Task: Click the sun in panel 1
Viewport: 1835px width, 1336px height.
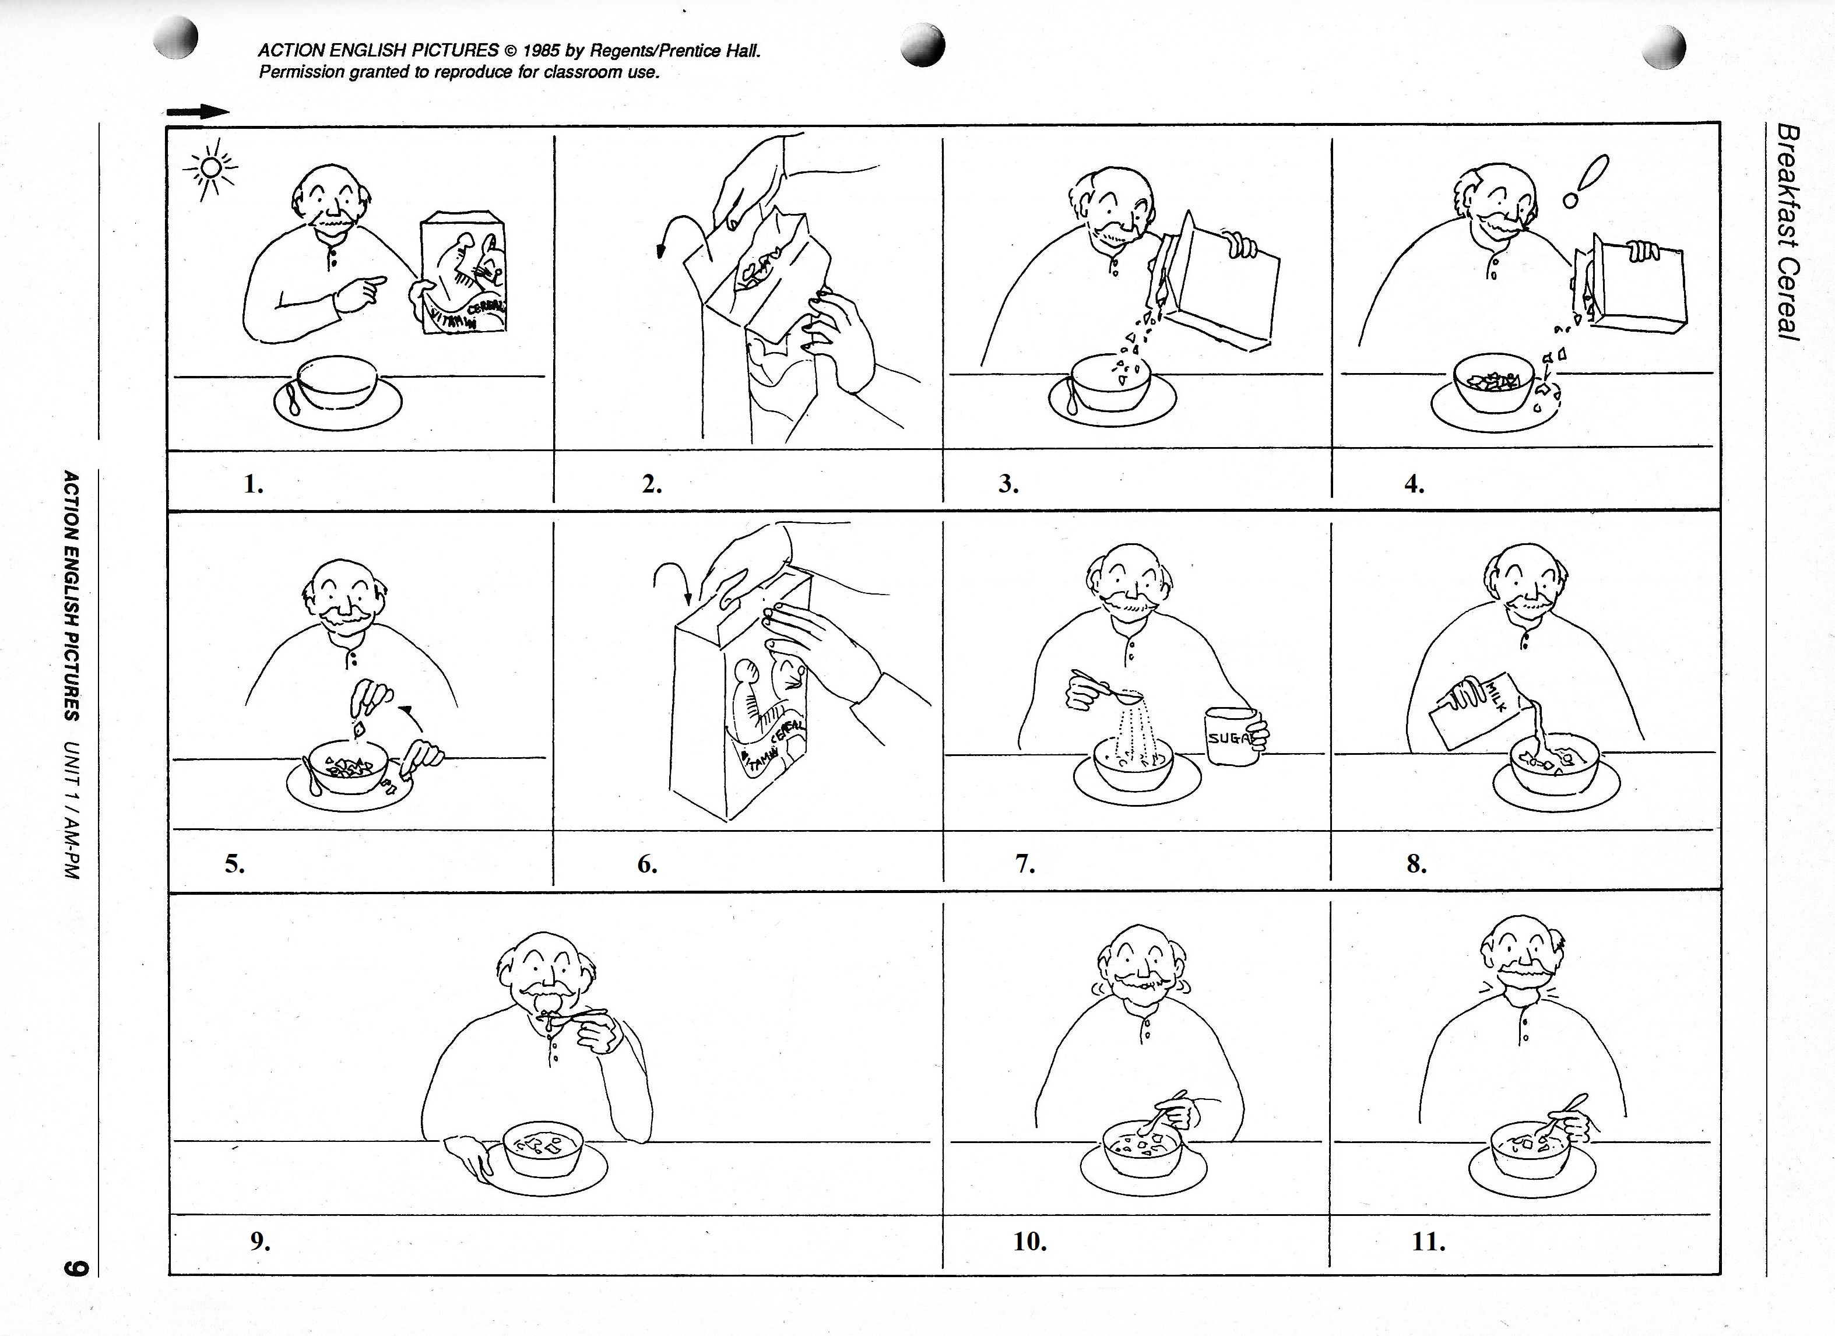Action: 210,167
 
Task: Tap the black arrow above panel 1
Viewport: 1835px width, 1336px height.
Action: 198,112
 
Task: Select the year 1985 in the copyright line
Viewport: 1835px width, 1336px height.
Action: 540,50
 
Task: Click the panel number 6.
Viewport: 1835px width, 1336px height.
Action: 646,864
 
